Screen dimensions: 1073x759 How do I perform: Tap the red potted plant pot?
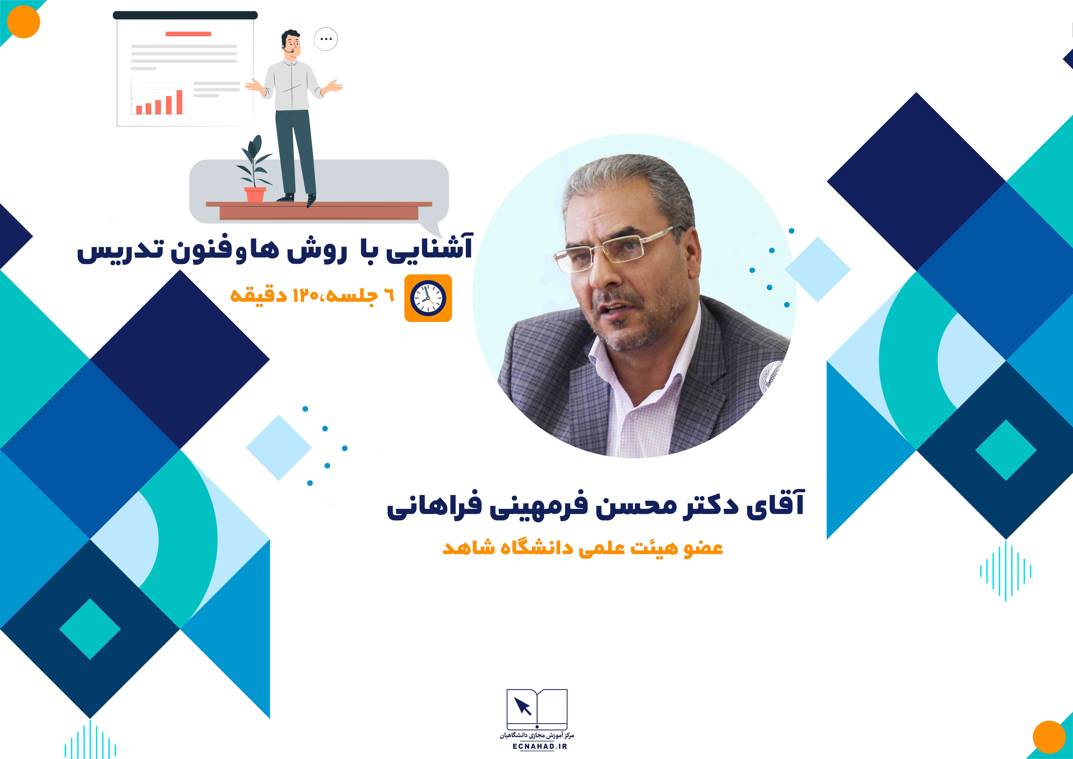tap(255, 194)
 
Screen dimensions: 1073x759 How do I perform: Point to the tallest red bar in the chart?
tap(179, 102)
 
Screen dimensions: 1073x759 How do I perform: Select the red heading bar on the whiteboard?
tap(188, 34)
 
